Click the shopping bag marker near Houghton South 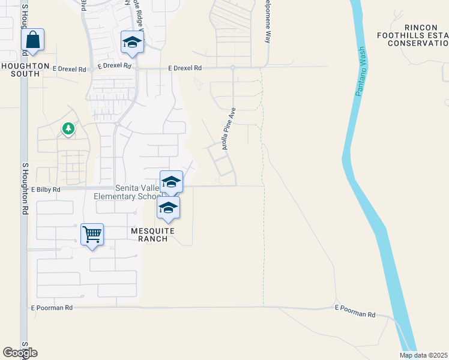point(33,40)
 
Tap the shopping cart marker point(92,234)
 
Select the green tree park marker point(68,128)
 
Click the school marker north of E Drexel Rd point(132,42)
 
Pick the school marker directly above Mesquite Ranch point(169,208)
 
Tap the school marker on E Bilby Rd point(171,182)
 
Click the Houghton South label point(20,70)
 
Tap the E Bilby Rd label point(47,190)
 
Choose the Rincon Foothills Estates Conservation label point(418,35)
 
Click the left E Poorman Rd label point(52,307)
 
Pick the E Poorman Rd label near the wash point(355,314)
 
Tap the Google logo point(20,353)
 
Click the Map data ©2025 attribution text point(423,355)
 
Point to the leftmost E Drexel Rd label point(68,69)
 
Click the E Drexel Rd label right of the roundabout point(185,68)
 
